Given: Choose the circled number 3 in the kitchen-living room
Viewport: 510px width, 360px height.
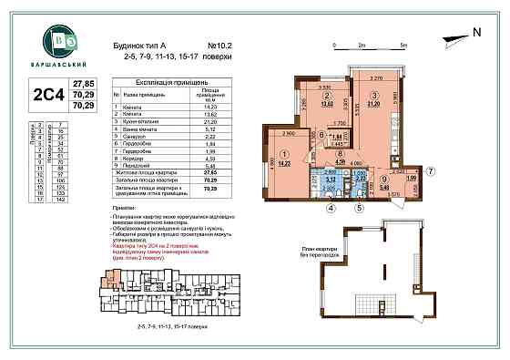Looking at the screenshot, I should [x=373, y=94].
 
